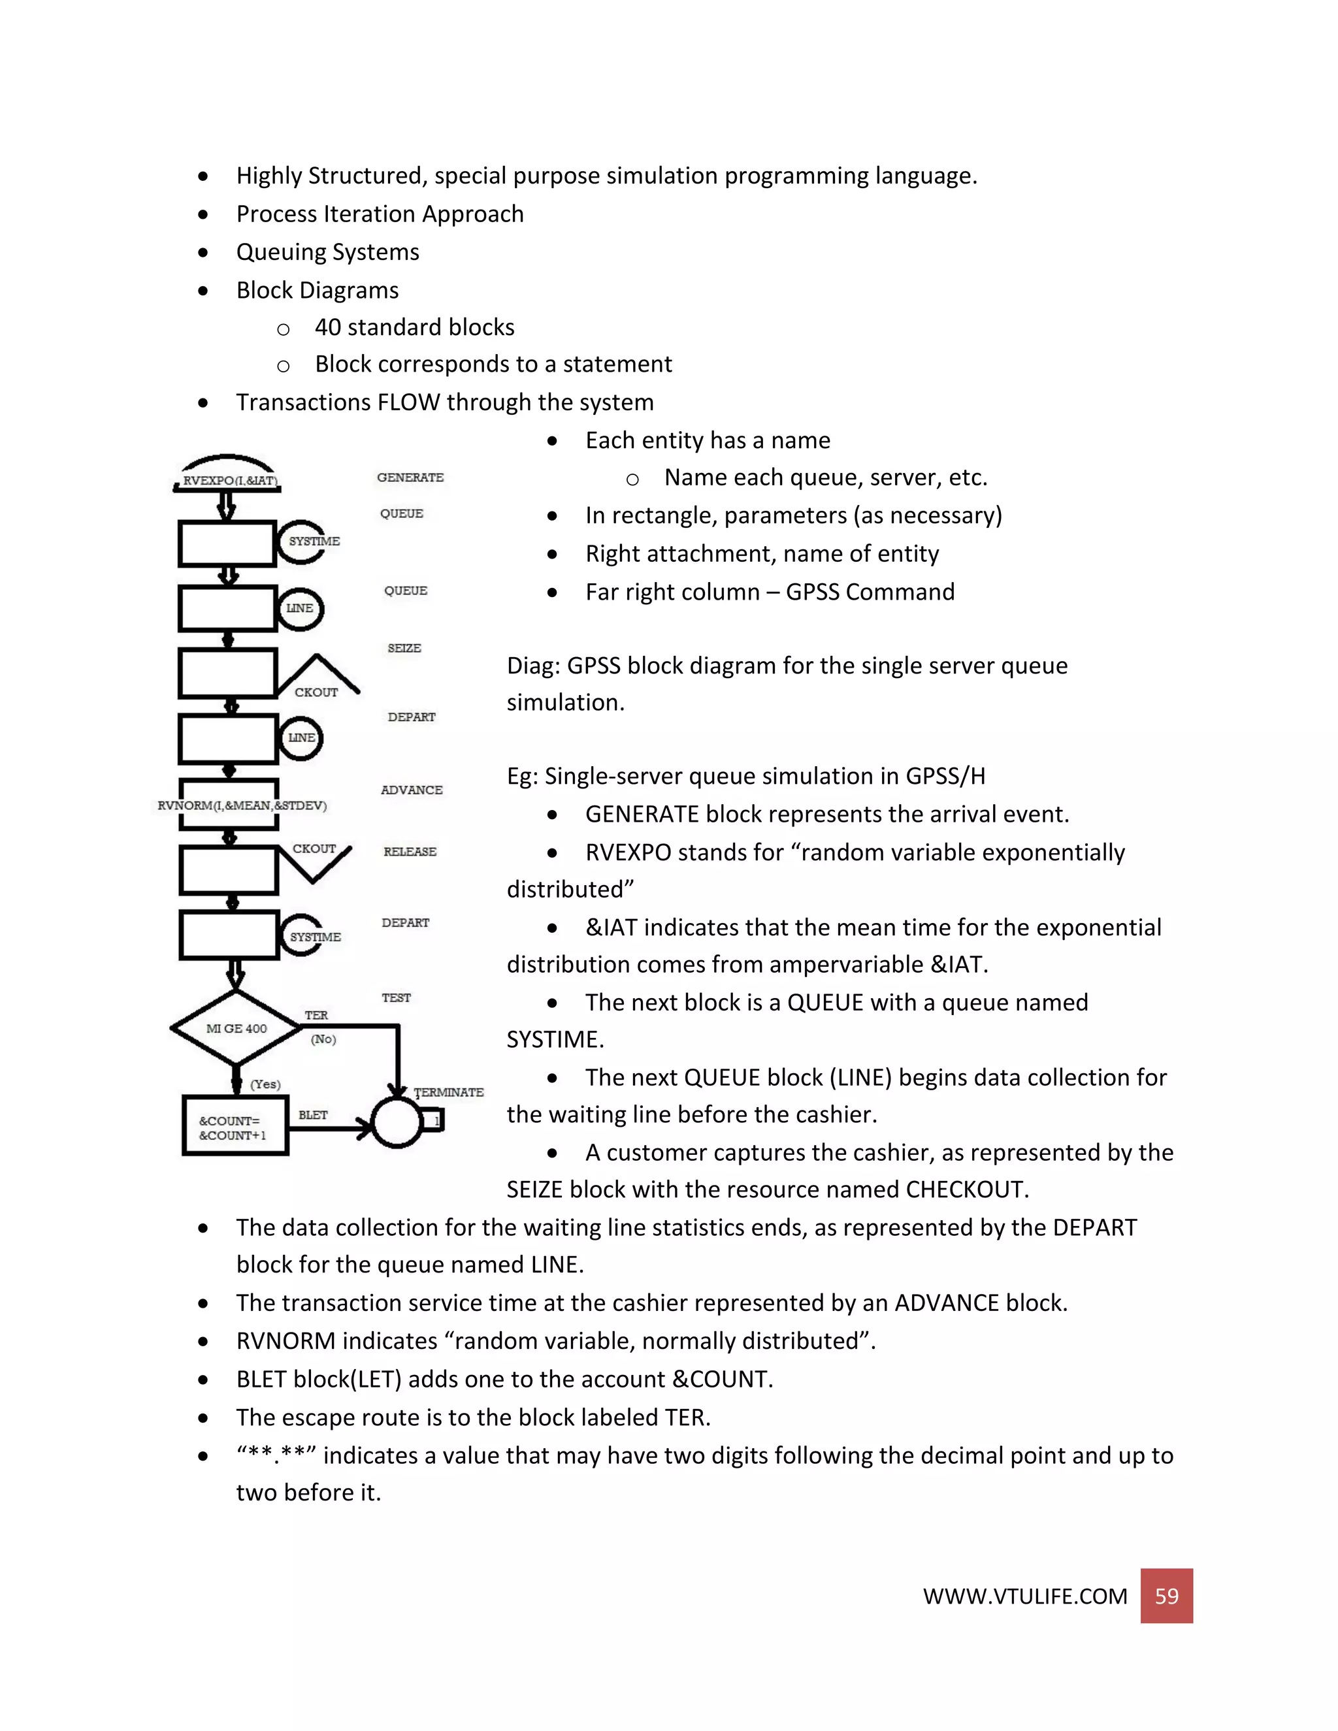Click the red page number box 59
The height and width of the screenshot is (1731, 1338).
tap(1166, 1596)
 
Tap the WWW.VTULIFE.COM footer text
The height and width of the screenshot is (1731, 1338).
tap(1024, 1596)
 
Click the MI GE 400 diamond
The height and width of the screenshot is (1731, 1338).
tap(237, 1028)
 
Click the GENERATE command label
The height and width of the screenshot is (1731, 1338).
tap(410, 477)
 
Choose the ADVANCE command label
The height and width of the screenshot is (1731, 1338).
tap(412, 790)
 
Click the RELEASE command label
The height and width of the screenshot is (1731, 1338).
tap(410, 851)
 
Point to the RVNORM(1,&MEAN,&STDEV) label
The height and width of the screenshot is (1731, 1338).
tap(242, 805)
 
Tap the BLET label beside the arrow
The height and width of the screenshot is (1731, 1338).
tap(313, 1114)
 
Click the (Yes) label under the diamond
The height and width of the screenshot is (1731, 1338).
tap(265, 1084)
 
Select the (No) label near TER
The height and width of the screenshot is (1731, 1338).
tap(323, 1039)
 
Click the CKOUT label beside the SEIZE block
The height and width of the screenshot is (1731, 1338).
tap(316, 692)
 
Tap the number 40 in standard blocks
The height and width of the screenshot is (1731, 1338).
tap(327, 327)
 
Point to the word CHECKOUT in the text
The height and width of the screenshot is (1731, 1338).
tap(964, 1189)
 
